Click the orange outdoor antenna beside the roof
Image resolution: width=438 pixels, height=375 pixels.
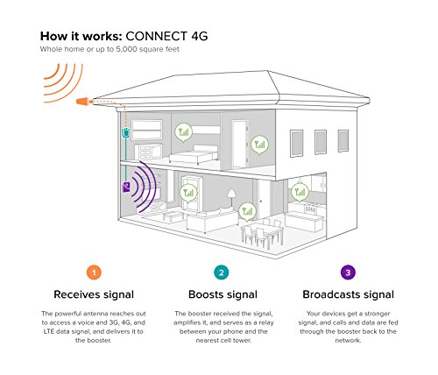[x=83, y=102]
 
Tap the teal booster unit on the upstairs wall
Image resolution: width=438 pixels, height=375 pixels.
[x=125, y=132]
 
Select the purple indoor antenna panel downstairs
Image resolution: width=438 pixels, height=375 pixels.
[x=126, y=187]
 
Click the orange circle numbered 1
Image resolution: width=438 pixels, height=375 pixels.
[x=94, y=272]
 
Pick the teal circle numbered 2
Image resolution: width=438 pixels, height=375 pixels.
[x=222, y=272]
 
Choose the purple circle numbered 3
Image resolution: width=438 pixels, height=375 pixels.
[x=348, y=272]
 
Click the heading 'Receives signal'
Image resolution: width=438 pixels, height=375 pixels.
[x=94, y=294]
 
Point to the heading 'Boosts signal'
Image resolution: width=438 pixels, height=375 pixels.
[x=223, y=294]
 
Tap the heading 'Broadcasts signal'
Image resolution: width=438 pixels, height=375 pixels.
[x=348, y=294]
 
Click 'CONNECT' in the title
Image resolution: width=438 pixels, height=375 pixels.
[x=156, y=36]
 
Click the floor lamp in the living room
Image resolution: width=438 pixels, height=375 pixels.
[x=232, y=199]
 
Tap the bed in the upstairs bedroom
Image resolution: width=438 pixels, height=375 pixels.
[x=194, y=155]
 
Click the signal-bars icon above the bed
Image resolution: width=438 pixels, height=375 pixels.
[x=184, y=132]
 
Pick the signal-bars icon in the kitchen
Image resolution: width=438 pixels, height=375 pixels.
[x=300, y=193]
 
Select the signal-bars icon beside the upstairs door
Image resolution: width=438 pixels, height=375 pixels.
[x=259, y=145]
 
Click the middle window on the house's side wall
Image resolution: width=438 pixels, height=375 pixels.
[x=321, y=142]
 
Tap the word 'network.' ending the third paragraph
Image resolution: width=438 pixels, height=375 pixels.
[x=348, y=340]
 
